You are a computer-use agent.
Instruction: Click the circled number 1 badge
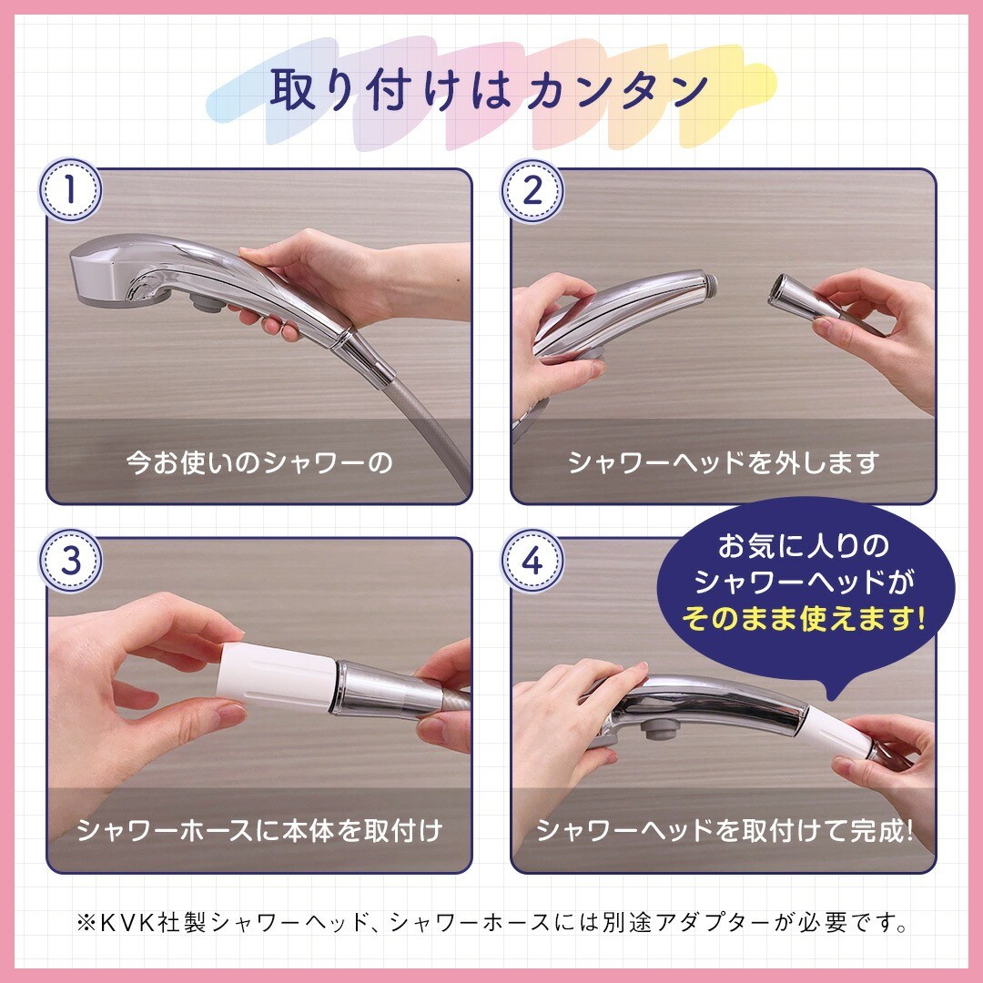[x=70, y=189]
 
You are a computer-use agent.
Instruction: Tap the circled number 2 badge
[x=532, y=190]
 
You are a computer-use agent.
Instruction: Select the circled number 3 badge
[x=70, y=561]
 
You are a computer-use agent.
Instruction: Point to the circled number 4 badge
[x=532, y=561]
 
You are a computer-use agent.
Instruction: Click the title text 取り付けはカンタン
[x=490, y=89]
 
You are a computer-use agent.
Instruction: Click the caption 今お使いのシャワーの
[x=258, y=462]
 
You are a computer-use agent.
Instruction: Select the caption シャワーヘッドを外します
[x=723, y=462]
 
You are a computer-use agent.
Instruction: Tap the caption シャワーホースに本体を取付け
[x=259, y=830]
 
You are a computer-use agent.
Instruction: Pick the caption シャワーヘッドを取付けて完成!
[x=725, y=830]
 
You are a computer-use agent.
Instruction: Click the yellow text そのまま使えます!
[x=803, y=619]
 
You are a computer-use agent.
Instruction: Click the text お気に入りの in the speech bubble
[x=803, y=545]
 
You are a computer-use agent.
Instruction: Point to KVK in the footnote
[x=127, y=922]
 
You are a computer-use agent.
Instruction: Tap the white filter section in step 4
[x=837, y=732]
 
